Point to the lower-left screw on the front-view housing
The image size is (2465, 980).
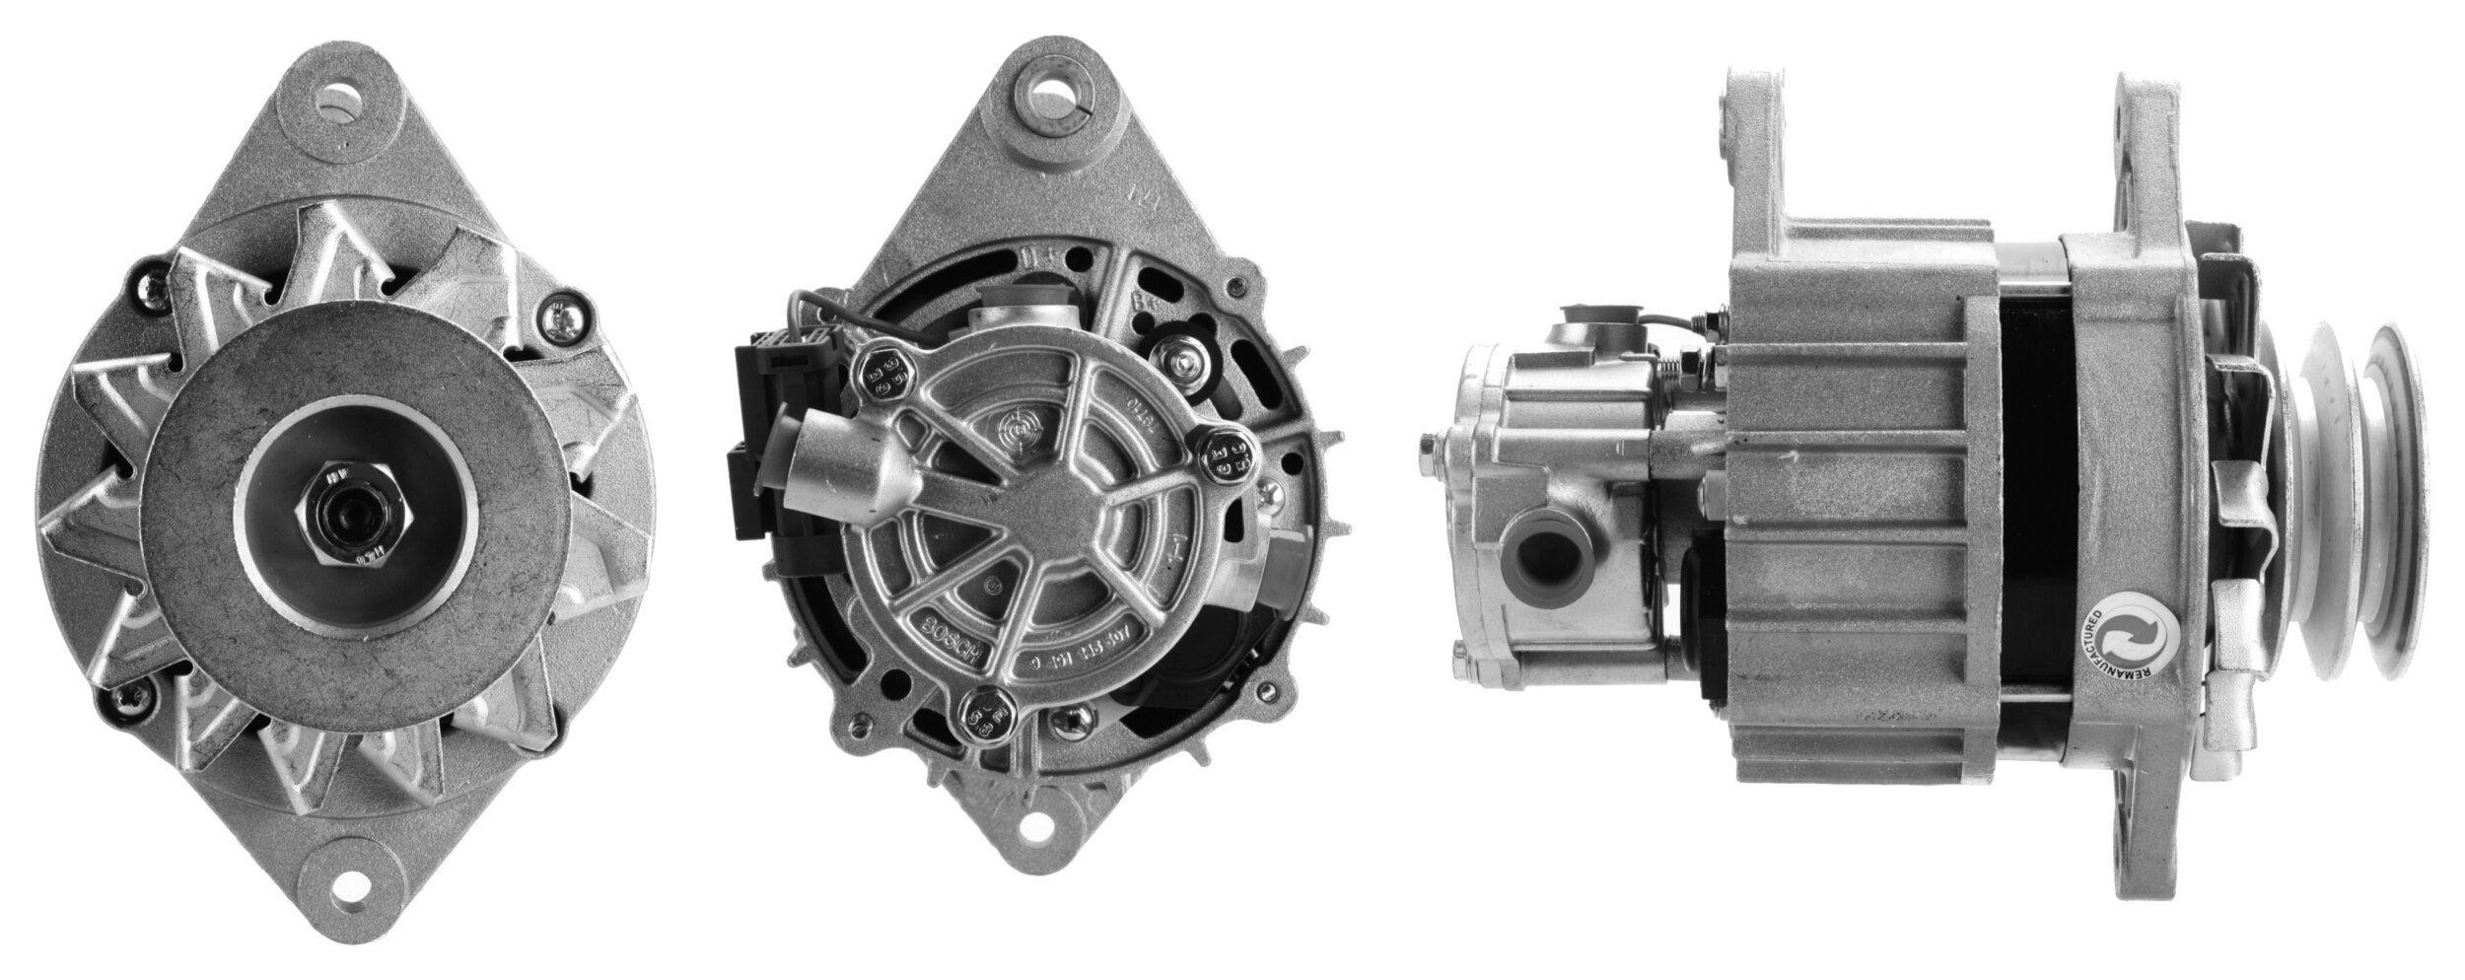click(x=125, y=698)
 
